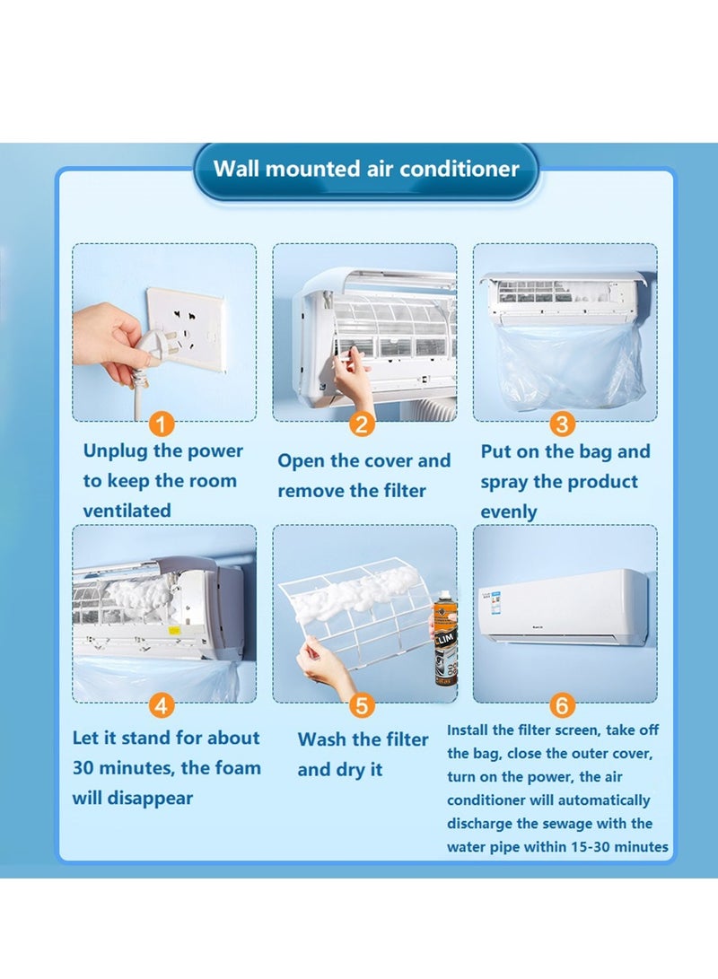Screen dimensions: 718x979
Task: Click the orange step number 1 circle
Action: [161, 424]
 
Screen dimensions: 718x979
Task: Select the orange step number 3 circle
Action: [562, 424]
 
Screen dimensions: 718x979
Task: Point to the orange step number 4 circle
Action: [161, 706]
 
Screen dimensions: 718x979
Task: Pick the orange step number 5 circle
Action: [362, 705]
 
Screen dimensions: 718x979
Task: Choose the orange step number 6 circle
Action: [562, 705]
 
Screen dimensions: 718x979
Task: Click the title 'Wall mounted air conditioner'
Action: [366, 169]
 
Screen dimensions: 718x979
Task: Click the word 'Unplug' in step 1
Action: [114, 451]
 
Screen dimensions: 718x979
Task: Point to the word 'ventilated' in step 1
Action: [127, 511]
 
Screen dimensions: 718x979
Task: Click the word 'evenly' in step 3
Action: [509, 512]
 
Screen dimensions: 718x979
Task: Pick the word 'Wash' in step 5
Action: [322, 739]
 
